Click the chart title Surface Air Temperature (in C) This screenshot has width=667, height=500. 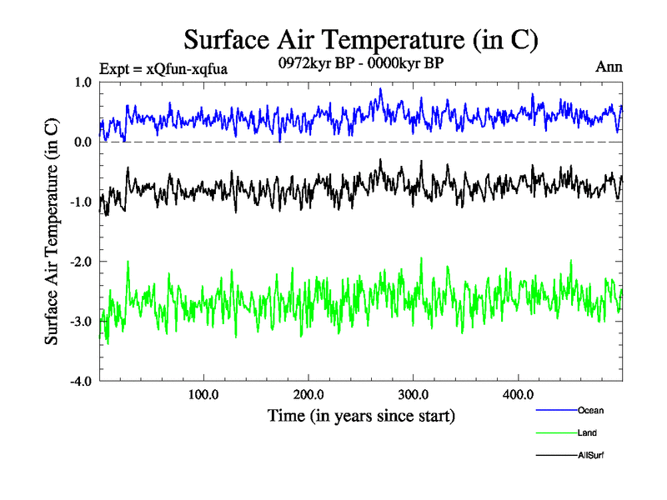tap(360, 39)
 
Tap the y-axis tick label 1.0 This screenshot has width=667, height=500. tap(83, 82)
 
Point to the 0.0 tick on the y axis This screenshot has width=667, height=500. tap(83, 142)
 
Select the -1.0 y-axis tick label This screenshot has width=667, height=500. tap(80, 202)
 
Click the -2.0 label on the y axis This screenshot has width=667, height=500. tap(80, 262)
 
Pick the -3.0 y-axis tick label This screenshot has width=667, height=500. tap(80, 322)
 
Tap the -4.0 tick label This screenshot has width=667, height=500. tap(80, 382)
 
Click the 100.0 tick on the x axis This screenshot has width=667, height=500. tap(204, 395)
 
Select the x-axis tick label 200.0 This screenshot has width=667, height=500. tap(309, 395)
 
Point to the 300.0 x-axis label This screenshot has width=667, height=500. tap(414, 395)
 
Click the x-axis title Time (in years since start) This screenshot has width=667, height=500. tap(361, 414)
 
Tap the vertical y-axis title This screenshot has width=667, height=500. tap(52, 232)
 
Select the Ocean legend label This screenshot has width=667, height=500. tap(589, 411)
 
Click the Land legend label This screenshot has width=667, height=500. tap(587, 433)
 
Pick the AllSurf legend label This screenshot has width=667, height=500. tap(590, 456)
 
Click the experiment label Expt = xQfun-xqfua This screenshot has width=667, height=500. tap(163, 68)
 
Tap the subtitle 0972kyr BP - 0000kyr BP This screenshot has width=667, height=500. tap(360, 62)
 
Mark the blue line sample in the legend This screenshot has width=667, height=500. tap(554, 411)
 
